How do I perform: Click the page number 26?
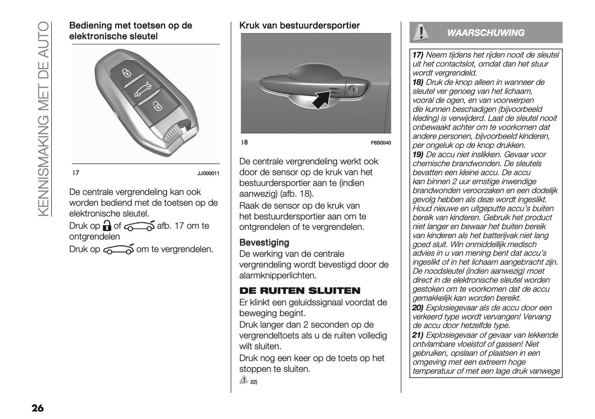pyautogui.click(x=37, y=408)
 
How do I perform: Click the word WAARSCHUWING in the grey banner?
pyautogui.click(x=485, y=33)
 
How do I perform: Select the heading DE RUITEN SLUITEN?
pyautogui.click(x=299, y=291)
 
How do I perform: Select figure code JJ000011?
pyautogui.click(x=208, y=174)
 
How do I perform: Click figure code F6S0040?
pyautogui.click(x=380, y=143)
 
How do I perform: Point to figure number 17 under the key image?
pyautogui.click(x=76, y=173)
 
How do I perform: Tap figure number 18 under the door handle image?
pyautogui.click(x=244, y=142)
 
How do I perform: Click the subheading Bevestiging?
pyautogui.click(x=264, y=242)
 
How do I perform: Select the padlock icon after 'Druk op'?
pyautogui.click(x=107, y=226)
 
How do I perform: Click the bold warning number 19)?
pyautogui.click(x=418, y=154)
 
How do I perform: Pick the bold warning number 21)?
pyautogui.click(x=418, y=335)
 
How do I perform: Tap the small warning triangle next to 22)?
pyautogui.click(x=243, y=380)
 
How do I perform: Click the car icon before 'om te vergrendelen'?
pyautogui.click(x=118, y=249)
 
